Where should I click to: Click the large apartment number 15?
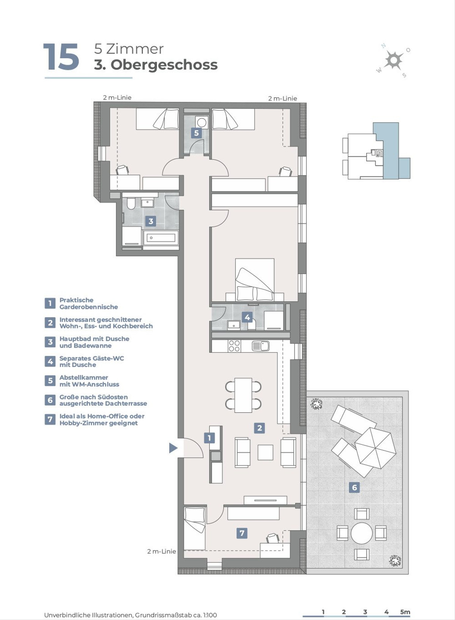61,57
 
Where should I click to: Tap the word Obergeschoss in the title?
164,65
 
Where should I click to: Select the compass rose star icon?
393,60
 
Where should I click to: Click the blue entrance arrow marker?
173,448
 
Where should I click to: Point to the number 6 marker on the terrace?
354,487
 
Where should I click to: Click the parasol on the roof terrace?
375,448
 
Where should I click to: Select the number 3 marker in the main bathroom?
151,221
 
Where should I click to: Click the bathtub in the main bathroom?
161,238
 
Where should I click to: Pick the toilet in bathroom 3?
131,203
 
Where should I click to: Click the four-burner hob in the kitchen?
234,346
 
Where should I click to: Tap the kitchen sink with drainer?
260,346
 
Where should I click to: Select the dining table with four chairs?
243,395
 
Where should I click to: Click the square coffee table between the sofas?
265,452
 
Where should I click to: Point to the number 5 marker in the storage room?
196,133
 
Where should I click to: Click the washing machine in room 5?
202,122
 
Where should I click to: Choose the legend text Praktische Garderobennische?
88,303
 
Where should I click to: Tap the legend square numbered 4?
50,361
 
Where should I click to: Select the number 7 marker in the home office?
242,533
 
